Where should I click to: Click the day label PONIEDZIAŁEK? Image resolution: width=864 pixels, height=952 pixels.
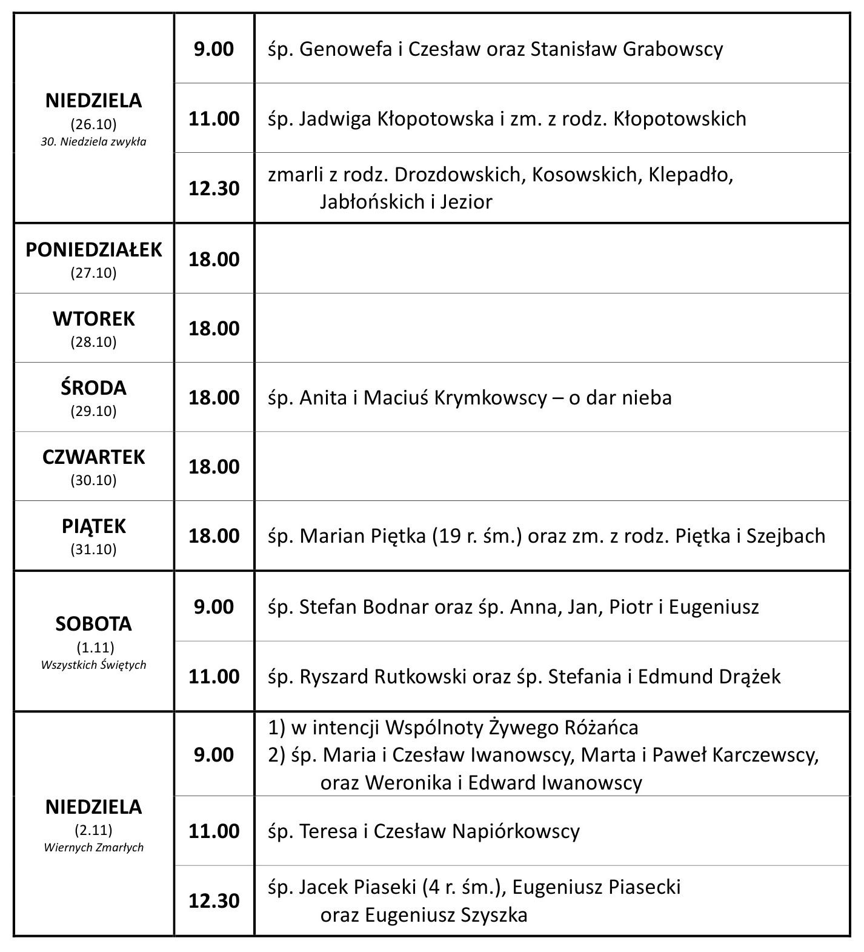tap(94, 250)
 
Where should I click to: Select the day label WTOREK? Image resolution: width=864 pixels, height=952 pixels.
tap(94, 319)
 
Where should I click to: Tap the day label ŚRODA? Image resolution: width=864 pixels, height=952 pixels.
tap(94, 388)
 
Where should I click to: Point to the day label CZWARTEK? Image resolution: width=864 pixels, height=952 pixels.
tap(94, 457)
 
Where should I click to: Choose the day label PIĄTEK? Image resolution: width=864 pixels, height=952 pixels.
tap(94, 526)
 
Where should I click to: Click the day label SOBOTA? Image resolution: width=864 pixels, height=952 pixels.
tap(94, 624)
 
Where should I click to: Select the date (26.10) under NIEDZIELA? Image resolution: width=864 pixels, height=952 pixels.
tap(94, 124)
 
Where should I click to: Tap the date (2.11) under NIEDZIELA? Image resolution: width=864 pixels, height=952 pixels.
tap(94, 830)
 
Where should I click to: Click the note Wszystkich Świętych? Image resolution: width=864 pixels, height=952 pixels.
tap(94, 665)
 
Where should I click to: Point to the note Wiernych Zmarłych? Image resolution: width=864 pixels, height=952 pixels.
tap(94, 847)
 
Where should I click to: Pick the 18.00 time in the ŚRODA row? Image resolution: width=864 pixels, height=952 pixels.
tap(214, 398)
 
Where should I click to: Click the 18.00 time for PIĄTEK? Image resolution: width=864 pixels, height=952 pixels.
tap(214, 536)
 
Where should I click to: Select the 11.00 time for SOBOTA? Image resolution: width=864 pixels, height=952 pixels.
tap(214, 676)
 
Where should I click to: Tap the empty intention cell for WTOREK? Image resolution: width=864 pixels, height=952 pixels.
tap(551, 328)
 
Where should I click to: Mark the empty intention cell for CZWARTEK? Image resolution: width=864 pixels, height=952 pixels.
tap(551, 466)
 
